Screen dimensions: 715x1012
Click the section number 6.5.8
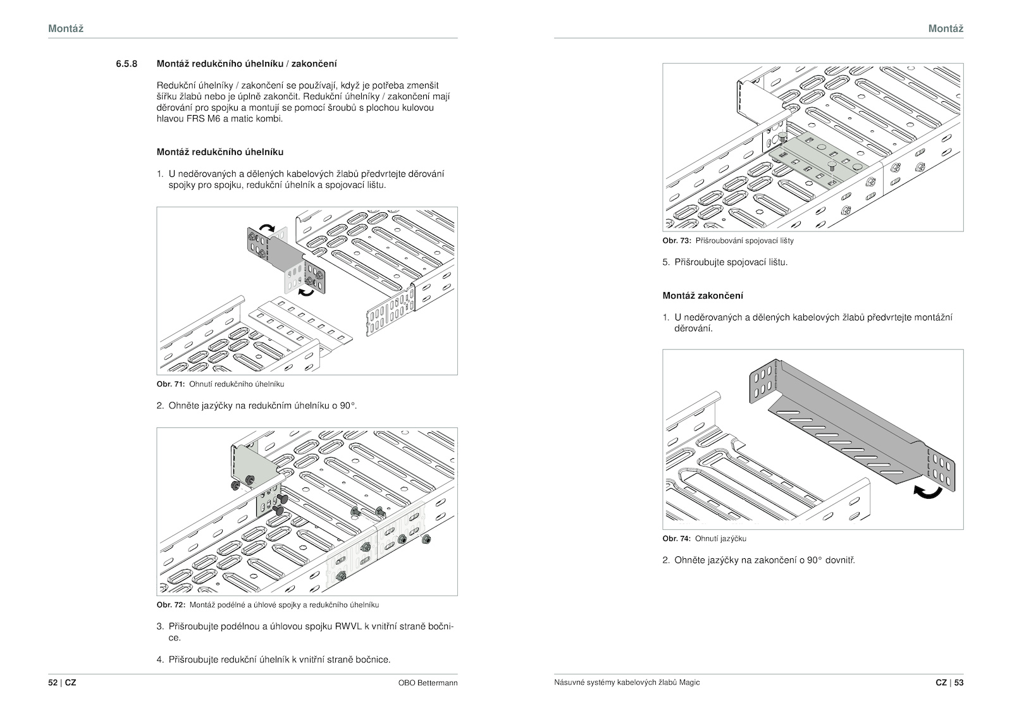126,64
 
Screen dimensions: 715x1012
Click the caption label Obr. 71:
170,384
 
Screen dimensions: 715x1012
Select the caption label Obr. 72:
170,605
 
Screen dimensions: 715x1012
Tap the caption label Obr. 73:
676,241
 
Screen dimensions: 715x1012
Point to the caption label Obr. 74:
676,539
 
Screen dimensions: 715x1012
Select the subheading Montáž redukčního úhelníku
219,152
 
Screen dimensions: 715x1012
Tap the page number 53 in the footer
959,683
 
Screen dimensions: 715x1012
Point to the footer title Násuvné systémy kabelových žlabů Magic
626,683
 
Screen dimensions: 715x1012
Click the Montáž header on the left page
66,28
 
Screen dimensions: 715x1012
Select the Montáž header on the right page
946,28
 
